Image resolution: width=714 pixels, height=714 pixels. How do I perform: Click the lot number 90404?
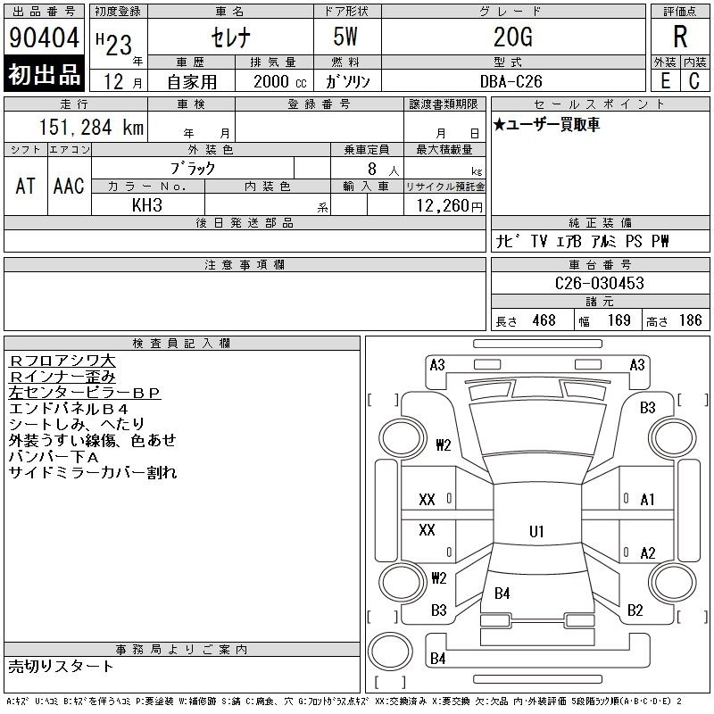coord(44,37)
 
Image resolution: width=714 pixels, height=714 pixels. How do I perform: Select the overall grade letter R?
coord(680,37)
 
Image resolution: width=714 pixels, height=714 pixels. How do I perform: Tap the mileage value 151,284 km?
coord(92,127)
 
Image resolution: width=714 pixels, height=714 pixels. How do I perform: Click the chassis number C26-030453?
coord(599,283)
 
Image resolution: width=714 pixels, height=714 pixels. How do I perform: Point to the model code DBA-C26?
coord(511,81)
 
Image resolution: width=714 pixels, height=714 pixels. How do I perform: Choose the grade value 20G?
coord(512,37)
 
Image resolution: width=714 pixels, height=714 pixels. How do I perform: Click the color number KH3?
coord(147,205)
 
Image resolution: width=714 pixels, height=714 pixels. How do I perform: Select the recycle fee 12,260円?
coord(449,206)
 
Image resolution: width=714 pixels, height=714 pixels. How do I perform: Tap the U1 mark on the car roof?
coord(536,531)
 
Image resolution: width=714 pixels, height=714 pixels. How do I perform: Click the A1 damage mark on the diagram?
coord(647,500)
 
